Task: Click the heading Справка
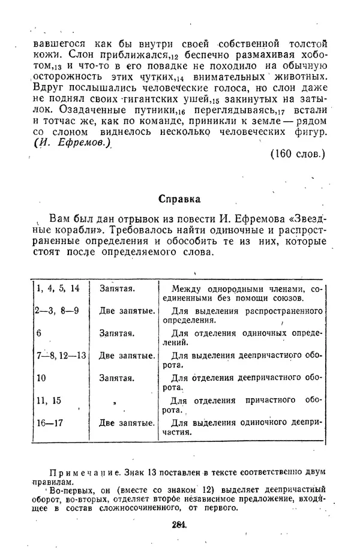click(x=179, y=198)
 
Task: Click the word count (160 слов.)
click(x=297, y=153)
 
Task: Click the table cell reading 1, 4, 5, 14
click(x=58, y=288)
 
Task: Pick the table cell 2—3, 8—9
click(x=58, y=311)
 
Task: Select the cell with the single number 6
click(x=39, y=333)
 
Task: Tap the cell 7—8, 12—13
click(x=61, y=356)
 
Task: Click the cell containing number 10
click(x=41, y=378)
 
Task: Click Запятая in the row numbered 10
click(x=117, y=378)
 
